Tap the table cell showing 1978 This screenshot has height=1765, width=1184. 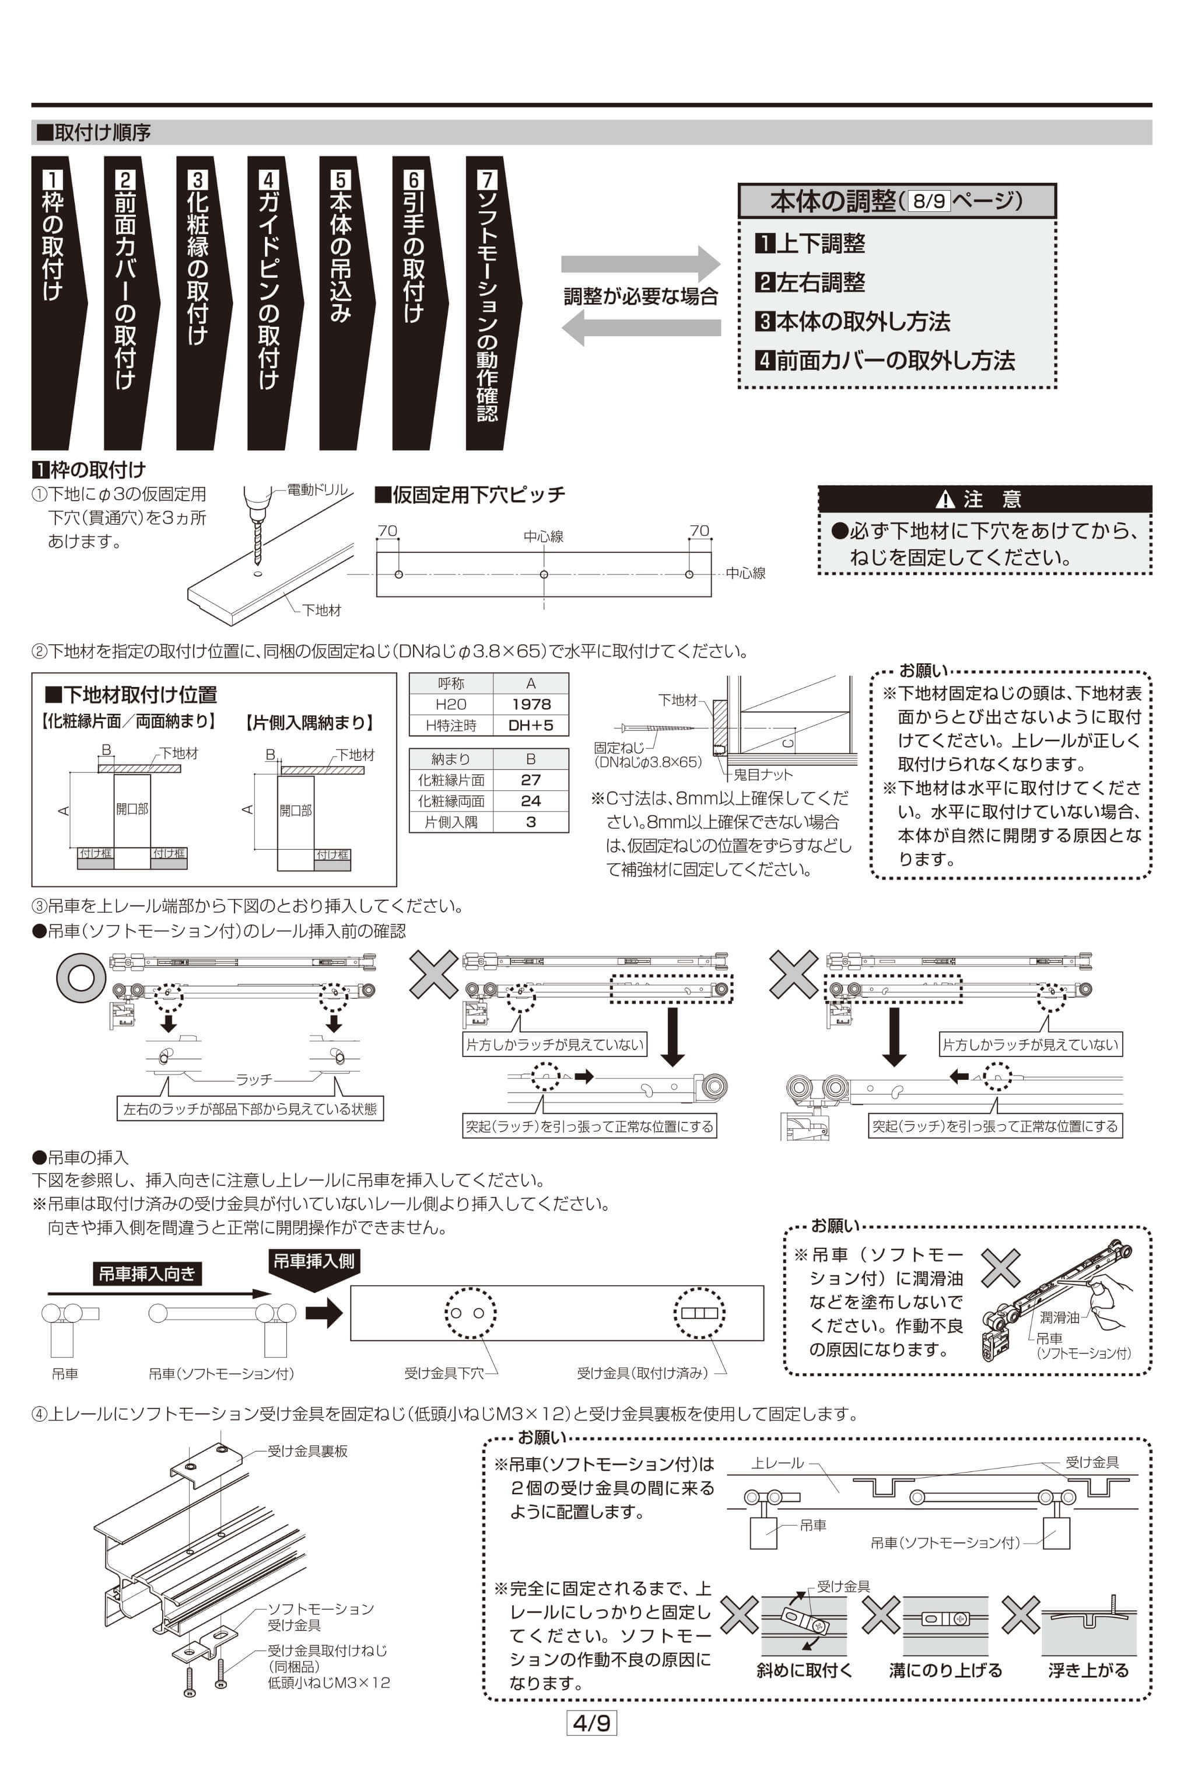(x=531, y=704)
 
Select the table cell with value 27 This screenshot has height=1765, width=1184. (x=531, y=780)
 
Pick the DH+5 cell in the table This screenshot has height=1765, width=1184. (x=531, y=725)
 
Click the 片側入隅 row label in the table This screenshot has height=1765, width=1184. (x=451, y=822)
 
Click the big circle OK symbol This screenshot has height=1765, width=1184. (x=81, y=977)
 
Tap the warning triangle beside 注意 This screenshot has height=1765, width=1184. (x=945, y=500)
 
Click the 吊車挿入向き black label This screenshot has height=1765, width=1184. (x=147, y=1275)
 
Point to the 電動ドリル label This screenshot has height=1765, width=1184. (x=317, y=490)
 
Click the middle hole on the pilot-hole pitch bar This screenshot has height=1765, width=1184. (x=544, y=574)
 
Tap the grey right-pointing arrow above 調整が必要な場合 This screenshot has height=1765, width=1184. (x=640, y=264)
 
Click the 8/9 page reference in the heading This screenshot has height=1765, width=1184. (x=928, y=201)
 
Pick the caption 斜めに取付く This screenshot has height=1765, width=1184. (x=804, y=1670)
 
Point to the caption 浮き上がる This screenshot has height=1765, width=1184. (x=1088, y=1670)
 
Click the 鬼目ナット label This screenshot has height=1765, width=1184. (x=763, y=775)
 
